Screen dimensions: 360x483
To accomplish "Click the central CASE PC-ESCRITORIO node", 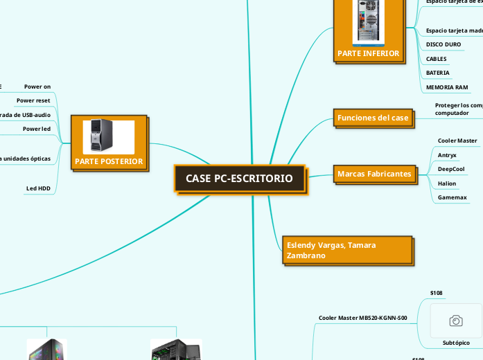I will (239, 179).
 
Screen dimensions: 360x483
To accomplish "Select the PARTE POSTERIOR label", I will (109, 162).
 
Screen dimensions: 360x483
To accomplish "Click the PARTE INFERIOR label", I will (368, 53).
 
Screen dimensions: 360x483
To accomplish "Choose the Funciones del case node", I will (373, 118).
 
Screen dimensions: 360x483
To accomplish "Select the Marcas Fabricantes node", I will (374, 173).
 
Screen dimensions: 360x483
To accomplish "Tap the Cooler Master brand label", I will (457, 141).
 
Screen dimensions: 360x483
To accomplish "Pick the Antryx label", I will (447, 154).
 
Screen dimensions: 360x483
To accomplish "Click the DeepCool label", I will (451, 169).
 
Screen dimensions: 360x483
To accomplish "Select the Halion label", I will (447, 183).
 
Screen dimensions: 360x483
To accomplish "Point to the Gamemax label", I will (452, 198).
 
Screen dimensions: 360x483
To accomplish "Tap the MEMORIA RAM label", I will (447, 87).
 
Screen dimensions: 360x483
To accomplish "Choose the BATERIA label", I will (437, 73).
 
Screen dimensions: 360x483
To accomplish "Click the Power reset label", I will (33, 100).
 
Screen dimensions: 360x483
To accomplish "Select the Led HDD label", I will (38, 188).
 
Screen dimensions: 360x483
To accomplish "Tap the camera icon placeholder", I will (456, 320).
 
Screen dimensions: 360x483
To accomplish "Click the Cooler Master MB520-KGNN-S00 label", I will (362, 318).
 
